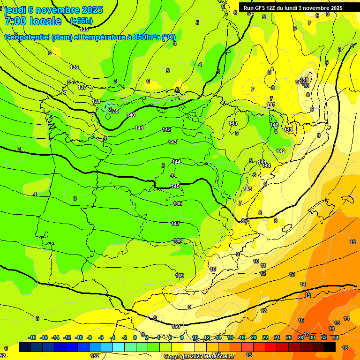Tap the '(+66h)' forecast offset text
coord(81,21)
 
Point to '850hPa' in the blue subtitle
coord(145,37)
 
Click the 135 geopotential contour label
coord(84,29)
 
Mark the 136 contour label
coord(74,67)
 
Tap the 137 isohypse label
coord(82,87)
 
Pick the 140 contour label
coord(131,115)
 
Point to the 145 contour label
coord(175,186)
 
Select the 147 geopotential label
coord(175,224)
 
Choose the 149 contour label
coord(180,276)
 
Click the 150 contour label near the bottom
coord(176,326)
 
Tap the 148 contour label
coord(178,240)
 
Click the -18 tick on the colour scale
coord(32,337)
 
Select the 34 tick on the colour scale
coord(336,337)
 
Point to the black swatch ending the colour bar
coord(330,347)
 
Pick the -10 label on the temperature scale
coord(79,337)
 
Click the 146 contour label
coord(178,203)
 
